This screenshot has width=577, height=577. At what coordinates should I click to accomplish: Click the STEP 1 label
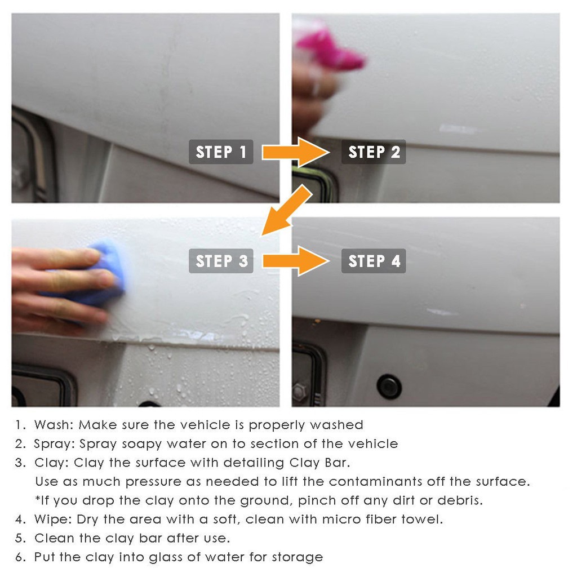tap(221, 152)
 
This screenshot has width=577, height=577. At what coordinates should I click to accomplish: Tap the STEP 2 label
tap(374, 152)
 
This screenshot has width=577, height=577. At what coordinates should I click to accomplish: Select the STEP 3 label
tap(221, 261)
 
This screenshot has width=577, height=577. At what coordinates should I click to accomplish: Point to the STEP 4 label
tap(374, 261)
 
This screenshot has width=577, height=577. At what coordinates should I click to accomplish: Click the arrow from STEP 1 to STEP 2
tap(295, 152)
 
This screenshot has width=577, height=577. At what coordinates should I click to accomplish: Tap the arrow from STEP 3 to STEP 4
tap(295, 261)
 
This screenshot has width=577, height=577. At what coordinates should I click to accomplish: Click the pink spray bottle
tap(327, 48)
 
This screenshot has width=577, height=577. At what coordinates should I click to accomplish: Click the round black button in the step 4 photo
tap(389, 387)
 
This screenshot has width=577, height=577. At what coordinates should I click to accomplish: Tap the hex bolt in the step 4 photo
tap(299, 390)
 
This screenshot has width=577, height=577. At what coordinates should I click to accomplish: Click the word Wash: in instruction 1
tap(54, 425)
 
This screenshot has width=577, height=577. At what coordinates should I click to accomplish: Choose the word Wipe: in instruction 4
tap(54, 519)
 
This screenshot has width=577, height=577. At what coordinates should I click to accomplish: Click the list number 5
tap(20, 538)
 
